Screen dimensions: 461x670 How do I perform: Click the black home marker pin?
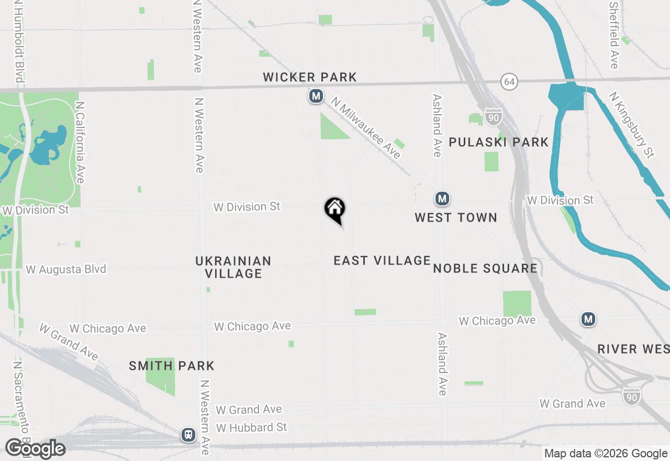[x=335, y=210]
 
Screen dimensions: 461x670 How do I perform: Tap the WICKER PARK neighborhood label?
[x=310, y=78]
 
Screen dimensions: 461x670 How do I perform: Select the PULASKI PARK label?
[x=498, y=142]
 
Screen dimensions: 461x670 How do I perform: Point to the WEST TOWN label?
[x=455, y=217]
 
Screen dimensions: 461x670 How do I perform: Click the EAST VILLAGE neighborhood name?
[x=382, y=260]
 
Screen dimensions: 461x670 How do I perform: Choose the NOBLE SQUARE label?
[x=485, y=269]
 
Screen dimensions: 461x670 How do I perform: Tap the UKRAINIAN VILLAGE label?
[x=233, y=267]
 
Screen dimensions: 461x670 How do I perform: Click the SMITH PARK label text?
[x=172, y=366]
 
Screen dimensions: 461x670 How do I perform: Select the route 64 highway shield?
[x=509, y=81]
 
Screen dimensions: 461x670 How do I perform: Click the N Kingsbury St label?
[x=632, y=125]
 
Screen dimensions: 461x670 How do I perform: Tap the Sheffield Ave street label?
[x=614, y=34]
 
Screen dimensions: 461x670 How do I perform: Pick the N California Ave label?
[x=80, y=142]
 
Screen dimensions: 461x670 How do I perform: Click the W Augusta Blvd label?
[x=66, y=269]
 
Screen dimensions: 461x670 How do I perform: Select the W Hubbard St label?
[x=252, y=427]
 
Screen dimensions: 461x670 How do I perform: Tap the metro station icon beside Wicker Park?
[x=316, y=96]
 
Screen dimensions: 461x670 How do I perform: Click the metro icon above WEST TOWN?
[x=442, y=199]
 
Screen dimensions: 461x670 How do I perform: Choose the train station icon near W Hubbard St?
[x=188, y=434]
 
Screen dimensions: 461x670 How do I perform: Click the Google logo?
[x=35, y=449]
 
